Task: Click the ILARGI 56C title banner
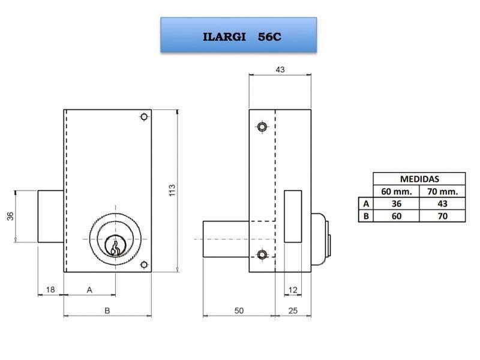coord(238,35)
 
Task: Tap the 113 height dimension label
coord(172,191)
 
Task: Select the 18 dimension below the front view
coord(50,290)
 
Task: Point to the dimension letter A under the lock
coord(89,290)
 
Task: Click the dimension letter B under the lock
coord(107,310)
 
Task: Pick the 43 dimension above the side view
coord(280,70)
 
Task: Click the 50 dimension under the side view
coord(239,310)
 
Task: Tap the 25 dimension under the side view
coord(293,310)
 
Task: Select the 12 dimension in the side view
coord(293,290)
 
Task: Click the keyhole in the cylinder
coord(114,246)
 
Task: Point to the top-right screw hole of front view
coord(143,116)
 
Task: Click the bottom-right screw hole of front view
coord(143,265)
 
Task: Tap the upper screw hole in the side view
coord(262,127)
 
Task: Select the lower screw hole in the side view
coord(262,255)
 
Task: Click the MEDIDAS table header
coord(419,179)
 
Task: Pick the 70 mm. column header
coord(442,191)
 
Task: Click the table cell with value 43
coord(442,203)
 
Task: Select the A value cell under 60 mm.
coord(396,203)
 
